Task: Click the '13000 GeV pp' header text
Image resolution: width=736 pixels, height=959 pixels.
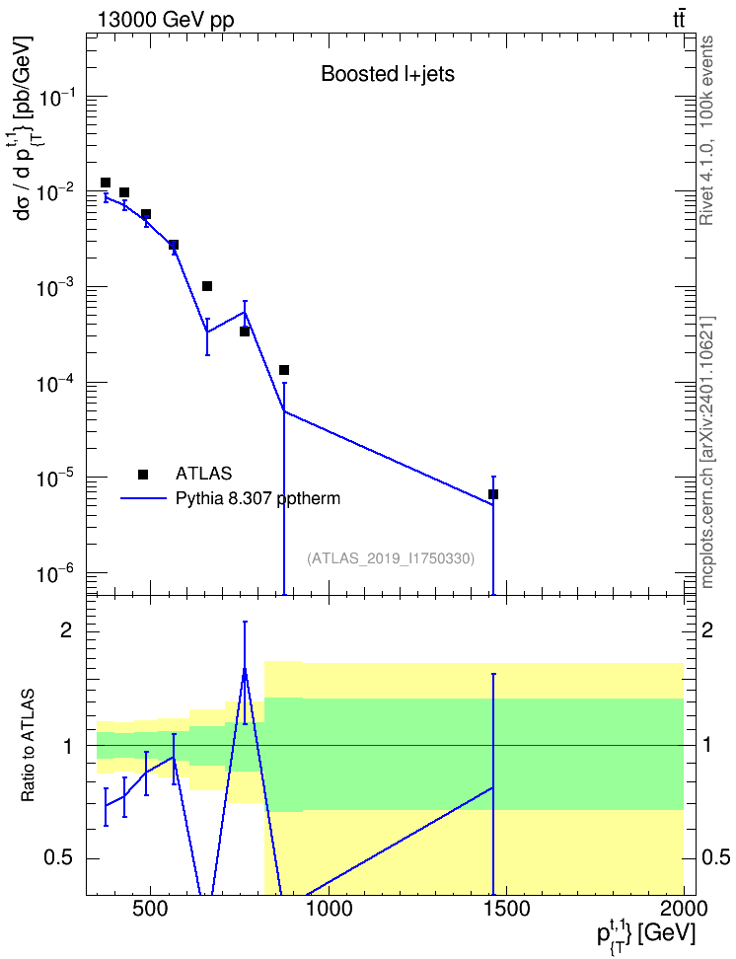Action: pos(165,20)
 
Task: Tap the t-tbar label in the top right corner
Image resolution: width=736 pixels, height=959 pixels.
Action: pos(679,20)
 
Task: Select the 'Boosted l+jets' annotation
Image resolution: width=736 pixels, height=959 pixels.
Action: pos(388,74)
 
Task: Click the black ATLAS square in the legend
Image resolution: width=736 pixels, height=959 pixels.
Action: pos(143,474)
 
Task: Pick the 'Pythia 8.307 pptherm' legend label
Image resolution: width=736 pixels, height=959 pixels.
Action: pos(258,499)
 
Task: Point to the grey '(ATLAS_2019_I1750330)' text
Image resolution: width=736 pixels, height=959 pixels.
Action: pos(391,558)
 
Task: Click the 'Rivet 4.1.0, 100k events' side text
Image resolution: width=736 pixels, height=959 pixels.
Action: pos(706,130)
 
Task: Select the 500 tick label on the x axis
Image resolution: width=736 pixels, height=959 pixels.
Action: pos(149,909)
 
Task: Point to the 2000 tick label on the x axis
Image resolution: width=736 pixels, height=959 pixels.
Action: pos(683,909)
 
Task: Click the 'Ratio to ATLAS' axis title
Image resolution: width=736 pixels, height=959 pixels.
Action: pos(28,746)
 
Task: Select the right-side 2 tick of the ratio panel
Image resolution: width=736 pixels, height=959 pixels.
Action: pos(707,630)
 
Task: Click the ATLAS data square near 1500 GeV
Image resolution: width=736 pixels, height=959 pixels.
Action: pos(493,494)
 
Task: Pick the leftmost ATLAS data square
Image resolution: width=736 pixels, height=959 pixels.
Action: pos(106,183)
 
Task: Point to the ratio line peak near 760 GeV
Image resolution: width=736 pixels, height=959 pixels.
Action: pos(245,669)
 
